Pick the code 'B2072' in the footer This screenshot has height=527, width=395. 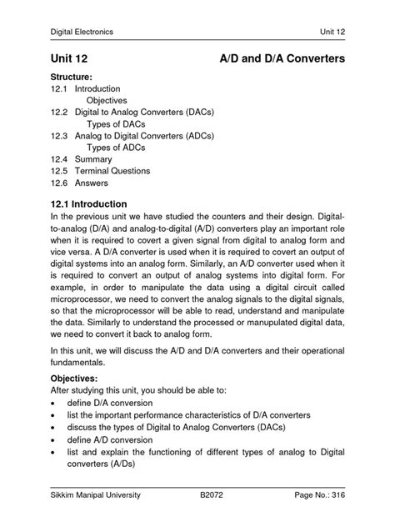coord(212,494)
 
